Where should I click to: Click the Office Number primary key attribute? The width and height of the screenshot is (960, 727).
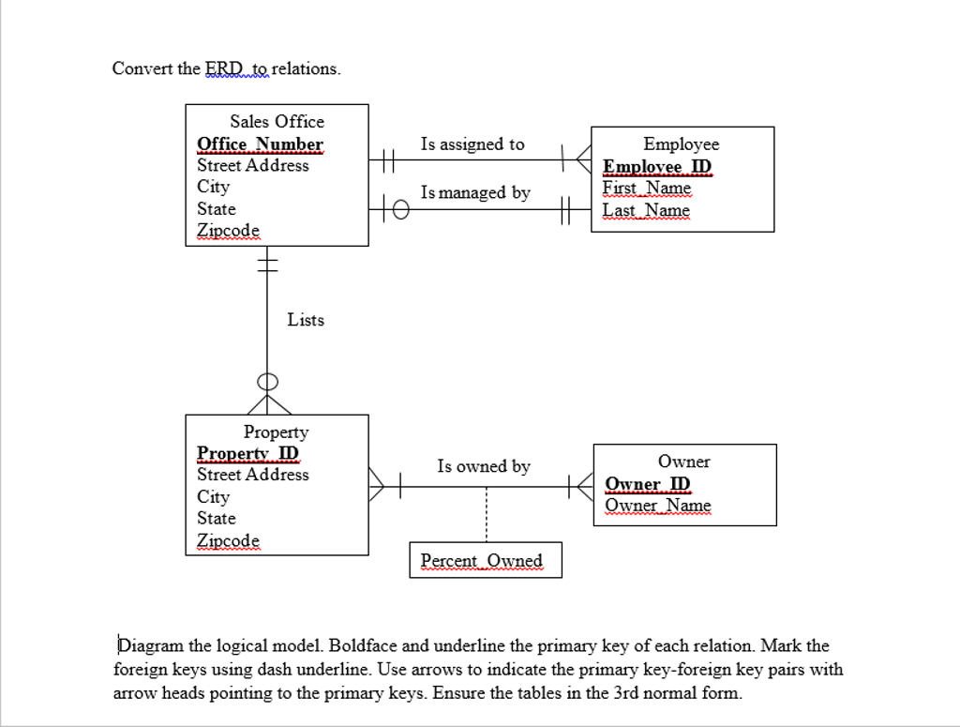click(x=260, y=144)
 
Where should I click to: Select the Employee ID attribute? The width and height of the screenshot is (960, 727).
click(x=657, y=167)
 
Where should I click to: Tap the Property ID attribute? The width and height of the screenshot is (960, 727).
click(x=247, y=453)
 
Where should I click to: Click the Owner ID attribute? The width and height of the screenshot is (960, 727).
click(x=648, y=484)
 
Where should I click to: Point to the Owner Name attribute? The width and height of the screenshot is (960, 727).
click(x=658, y=506)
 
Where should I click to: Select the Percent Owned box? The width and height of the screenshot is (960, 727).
click(x=485, y=560)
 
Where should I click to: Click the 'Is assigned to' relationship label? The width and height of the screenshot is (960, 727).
click(x=472, y=144)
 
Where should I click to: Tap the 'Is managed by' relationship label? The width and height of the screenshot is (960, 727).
click(x=475, y=192)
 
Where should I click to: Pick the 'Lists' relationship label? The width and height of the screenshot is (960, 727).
click(x=306, y=320)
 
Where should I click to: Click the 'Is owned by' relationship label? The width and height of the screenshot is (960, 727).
click(x=483, y=466)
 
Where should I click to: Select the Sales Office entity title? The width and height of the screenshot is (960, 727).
click(x=277, y=121)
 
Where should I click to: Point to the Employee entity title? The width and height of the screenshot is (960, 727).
click(x=682, y=144)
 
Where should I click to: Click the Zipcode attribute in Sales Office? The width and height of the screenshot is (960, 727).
click(x=228, y=230)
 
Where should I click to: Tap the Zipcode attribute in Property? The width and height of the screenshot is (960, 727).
click(x=228, y=540)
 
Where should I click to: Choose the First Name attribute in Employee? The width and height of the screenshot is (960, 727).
click(x=647, y=188)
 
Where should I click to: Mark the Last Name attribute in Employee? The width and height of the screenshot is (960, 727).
click(x=646, y=210)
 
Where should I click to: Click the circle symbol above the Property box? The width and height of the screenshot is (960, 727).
click(x=268, y=382)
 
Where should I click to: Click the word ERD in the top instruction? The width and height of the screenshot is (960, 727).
click(x=223, y=68)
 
